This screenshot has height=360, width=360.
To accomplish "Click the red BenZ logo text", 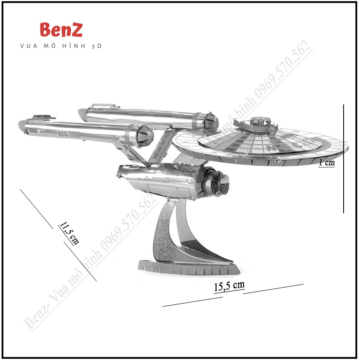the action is pos(61,30).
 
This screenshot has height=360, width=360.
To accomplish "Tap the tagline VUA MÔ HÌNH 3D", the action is pos(61,46).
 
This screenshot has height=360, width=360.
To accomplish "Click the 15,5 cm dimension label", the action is pos(229,286).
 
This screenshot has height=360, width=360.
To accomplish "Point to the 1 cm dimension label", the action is pos(327,162).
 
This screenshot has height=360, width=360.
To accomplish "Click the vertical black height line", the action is pos(344,158).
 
